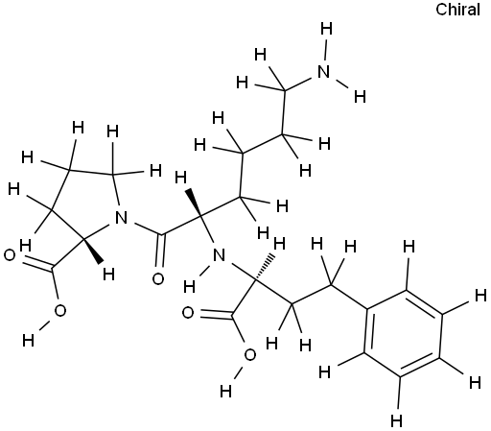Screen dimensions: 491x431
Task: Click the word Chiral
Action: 457,10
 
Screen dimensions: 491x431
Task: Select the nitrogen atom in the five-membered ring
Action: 121,218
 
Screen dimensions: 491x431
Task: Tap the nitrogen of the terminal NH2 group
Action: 324,71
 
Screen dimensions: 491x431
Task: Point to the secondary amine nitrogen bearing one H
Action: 219,255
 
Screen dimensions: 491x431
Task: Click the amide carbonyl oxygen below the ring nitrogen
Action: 158,278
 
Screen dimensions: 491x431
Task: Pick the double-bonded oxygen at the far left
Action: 10,255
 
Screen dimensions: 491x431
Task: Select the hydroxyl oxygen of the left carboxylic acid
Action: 59,310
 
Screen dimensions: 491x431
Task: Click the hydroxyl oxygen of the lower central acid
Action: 250,355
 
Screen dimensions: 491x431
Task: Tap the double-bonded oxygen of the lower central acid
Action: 188,313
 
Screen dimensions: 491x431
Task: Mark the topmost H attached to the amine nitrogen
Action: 326,29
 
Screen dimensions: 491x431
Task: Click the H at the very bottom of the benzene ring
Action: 396,420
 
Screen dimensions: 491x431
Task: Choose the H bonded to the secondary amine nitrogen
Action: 190,287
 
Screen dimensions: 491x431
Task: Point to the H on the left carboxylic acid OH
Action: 28,340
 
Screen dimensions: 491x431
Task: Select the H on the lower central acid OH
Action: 225,391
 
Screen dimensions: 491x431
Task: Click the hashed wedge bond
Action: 264,267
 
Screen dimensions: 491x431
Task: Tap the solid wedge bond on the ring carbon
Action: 93,251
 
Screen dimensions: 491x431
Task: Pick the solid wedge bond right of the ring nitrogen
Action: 195,203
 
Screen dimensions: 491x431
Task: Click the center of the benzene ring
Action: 404,333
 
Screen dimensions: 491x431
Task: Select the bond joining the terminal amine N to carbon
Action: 300,84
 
